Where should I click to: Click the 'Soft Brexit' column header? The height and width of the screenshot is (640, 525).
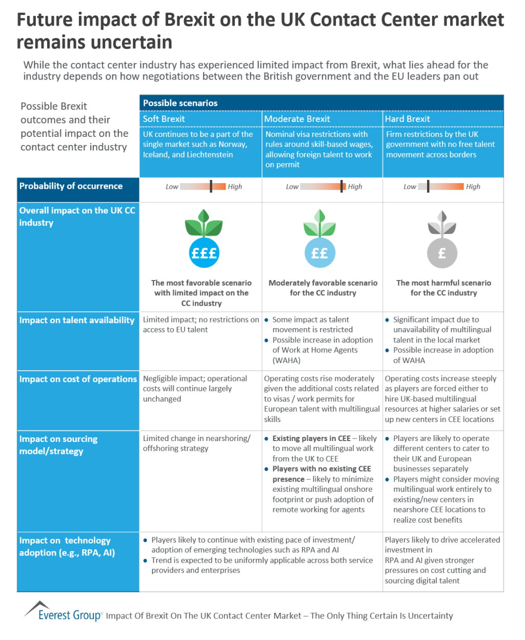pyautogui.click(x=164, y=119)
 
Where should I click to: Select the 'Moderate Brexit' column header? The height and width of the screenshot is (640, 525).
pyautogui.click(x=297, y=119)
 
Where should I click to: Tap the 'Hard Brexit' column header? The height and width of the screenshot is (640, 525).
pyautogui.click(x=407, y=119)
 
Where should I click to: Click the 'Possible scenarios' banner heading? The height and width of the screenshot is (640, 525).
pyautogui.click(x=180, y=103)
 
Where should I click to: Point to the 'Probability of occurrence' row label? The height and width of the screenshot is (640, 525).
pyautogui.click(x=71, y=186)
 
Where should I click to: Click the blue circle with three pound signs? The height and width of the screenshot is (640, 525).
pyautogui.click(x=204, y=253)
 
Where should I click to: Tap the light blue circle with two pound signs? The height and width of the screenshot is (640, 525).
pyautogui.click(x=319, y=253)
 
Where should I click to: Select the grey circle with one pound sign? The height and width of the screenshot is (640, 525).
pyautogui.click(x=442, y=253)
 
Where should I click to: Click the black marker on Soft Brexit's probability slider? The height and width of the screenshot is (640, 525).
pyautogui.click(x=211, y=186)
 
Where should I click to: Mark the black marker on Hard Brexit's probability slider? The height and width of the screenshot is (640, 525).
pyautogui.click(x=428, y=186)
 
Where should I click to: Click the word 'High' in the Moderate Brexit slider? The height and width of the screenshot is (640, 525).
pyautogui.click(x=355, y=187)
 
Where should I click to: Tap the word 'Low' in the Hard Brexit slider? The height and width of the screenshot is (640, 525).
pyautogui.click(x=410, y=187)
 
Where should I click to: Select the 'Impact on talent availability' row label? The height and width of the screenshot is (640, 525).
pyautogui.click(x=77, y=321)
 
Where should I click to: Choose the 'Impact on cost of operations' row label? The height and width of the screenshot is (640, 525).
pyautogui.click(x=78, y=379)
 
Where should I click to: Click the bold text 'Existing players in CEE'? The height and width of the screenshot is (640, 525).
pyautogui.click(x=311, y=438)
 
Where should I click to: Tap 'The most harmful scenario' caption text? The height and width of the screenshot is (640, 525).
pyautogui.click(x=443, y=283)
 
